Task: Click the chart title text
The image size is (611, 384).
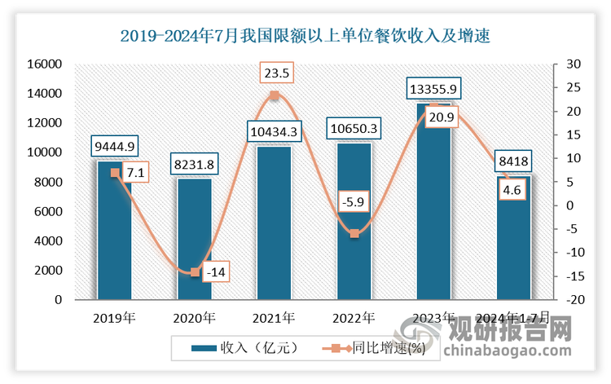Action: [x=305, y=36]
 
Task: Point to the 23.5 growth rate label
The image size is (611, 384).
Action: [x=275, y=73]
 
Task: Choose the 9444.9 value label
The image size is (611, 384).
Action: [x=114, y=147]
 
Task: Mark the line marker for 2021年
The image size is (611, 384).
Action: [x=275, y=96]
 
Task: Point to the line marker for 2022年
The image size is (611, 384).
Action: [x=354, y=234]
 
